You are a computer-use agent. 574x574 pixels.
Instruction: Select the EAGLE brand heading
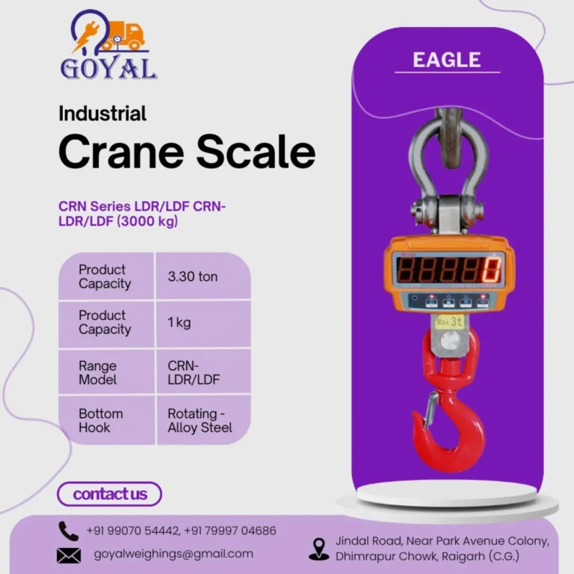(x=447, y=59)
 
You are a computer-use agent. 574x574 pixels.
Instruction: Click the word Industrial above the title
(x=102, y=114)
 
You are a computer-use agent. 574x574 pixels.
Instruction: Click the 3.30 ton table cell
(x=193, y=277)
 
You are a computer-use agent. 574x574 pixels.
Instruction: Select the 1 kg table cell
(x=179, y=323)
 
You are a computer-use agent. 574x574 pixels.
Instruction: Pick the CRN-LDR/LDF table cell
(x=194, y=372)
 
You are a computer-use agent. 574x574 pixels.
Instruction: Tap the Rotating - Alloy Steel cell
(x=200, y=420)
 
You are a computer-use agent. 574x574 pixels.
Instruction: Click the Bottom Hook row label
(x=100, y=420)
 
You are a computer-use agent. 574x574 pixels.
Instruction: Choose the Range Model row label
(x=98, y=372)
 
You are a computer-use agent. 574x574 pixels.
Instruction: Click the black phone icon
(x=69, y=531)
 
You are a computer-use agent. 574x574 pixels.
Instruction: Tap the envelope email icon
(x=69, y=555)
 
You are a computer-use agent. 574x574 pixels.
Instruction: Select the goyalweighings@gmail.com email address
(x=173, y=554)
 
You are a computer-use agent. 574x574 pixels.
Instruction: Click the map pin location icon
(x=319, y=549)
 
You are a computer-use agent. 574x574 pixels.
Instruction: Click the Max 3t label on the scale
(x=448, y=321)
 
